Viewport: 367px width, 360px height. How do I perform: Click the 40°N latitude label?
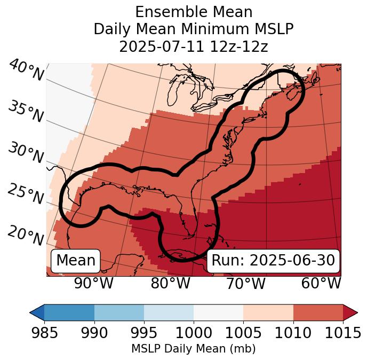[x=26, y=71]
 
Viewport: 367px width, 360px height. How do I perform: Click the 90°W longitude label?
[x=93, y=284]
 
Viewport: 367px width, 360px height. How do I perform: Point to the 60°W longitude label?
[x=321, y=284]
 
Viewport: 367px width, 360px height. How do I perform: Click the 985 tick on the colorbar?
[x=44, y=333]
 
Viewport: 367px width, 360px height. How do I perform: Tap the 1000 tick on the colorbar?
[x=194, y=333]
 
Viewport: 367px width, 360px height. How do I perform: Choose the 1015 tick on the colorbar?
[x=342, y=333]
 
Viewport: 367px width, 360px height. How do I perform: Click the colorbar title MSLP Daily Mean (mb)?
[x=193, y=349]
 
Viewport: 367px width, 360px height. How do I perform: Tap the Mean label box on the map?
[x=76, y=261]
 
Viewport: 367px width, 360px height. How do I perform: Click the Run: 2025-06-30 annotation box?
[x=273, y=261]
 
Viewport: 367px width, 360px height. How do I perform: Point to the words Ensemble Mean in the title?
[x=194, y=12]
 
